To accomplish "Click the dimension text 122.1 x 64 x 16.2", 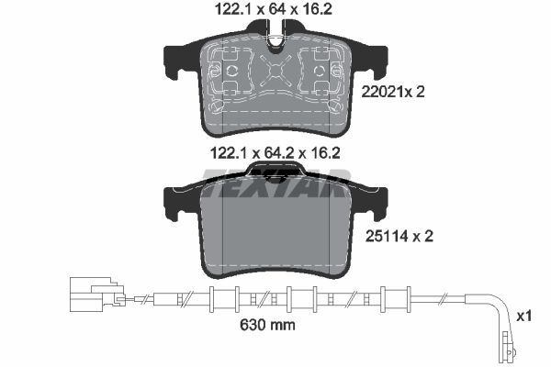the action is [x=274, y=9].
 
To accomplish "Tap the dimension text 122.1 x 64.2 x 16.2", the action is [x=275, y=153].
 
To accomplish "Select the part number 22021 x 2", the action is [x=393, y=92].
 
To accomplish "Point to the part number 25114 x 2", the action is [x=399, y=237].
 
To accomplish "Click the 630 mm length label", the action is [x=267, y=325].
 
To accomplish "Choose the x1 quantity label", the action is [x=524, y=316].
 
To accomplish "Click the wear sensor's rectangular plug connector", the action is [x=96, y=294].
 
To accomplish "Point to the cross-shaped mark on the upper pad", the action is [x=276, y=72].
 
